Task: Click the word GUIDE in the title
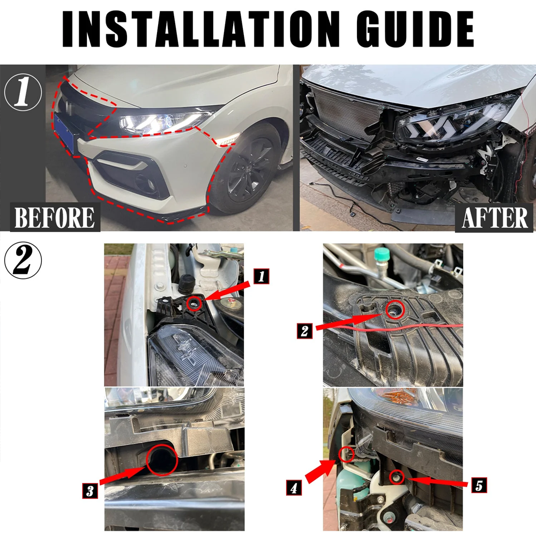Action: pos(415,29)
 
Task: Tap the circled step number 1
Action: pos(23,92)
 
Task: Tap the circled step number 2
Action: pos(23,260)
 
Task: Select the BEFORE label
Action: pos(55,218)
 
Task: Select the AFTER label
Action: pos(495,218)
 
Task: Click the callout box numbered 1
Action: pos(262,276)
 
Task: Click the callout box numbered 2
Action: pos(304,331)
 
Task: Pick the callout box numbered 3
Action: pos(90,491)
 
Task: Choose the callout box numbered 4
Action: pos(294,488)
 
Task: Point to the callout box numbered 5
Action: pos(479,485)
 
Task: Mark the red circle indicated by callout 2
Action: pos(395,310)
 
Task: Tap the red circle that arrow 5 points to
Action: pos(397,477)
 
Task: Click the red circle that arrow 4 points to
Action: pos(347,454)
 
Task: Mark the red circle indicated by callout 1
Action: pos(195,303)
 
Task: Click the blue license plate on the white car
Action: pos(64,133)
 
